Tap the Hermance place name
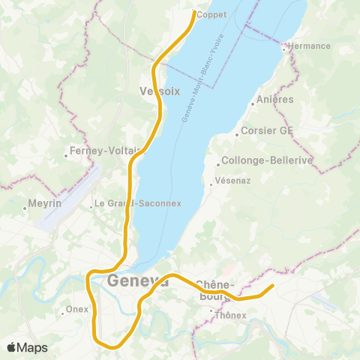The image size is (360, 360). click(309, 46)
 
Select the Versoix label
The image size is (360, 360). click(160, 91)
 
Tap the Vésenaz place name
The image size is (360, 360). click(229, 181)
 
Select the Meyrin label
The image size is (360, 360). click(44, 203)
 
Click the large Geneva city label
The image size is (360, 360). click(138, 282)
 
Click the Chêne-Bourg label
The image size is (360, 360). click(215, 289)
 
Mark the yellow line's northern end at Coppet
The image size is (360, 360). click(195, 12)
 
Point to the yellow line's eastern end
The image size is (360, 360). click(271, 286)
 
